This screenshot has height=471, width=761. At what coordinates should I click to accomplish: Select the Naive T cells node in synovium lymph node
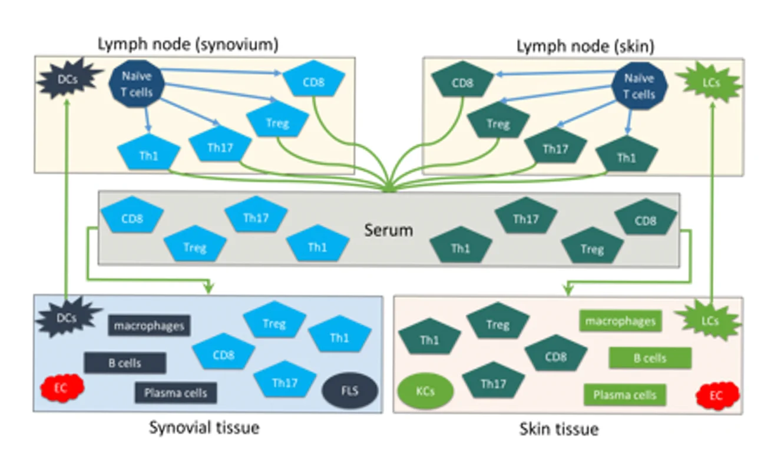tap(137, 84)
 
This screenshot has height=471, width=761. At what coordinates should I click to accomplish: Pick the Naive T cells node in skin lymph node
tap(639, 87)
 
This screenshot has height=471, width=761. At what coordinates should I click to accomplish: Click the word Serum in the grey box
tap(388, 230)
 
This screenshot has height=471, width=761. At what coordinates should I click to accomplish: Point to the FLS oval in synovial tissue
tap(350, 390)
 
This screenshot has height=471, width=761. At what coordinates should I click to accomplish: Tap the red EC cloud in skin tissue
tap(716, 395)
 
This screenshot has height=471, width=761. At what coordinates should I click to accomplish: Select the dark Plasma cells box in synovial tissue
tap(176, 393)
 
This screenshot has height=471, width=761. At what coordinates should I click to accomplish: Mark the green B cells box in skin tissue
tap(650, 358)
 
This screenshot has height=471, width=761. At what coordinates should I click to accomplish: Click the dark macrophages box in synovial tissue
tap(149, 325)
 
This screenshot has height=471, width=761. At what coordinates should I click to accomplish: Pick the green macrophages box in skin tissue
tap(620, 321)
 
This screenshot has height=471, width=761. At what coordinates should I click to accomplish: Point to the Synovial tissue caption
tap(204, 427)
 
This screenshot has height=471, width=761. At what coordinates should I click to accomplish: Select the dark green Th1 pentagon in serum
tap(461, 248)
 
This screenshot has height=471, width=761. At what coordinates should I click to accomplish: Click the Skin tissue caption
tap(558, 429)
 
